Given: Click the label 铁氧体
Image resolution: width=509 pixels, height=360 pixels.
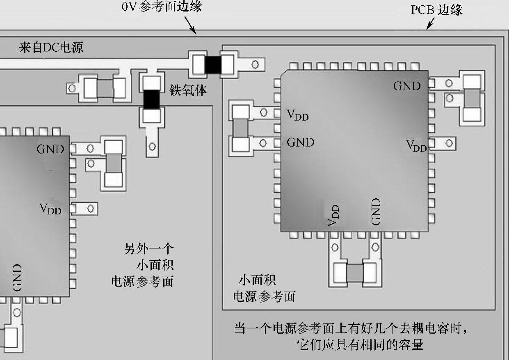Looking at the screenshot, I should tap(188, 91).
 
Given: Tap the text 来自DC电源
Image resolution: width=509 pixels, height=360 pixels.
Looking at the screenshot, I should tap(51, 48).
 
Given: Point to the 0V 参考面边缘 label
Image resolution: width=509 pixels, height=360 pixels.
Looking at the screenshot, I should tap(162, 7).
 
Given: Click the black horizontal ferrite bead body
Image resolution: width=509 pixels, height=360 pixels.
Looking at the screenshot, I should tap(213, 64).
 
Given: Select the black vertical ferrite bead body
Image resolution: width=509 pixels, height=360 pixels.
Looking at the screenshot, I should tap(151, 99).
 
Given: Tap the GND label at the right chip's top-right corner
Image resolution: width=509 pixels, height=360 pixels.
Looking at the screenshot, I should tap(407, 86).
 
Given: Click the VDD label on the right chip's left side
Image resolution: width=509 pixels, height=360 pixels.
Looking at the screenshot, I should tap(297, 115).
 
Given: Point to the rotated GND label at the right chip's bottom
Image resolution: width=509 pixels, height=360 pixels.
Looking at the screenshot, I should tap(376, 212).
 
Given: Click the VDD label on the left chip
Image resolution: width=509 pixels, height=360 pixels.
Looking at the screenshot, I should tap(50, 209).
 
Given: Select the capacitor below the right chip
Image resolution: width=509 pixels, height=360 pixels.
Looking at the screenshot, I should tap(355, 273).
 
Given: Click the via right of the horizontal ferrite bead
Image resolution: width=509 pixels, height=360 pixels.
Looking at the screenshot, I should tap(255, 64).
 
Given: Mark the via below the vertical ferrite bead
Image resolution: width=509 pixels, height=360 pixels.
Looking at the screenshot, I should tap(152, 146).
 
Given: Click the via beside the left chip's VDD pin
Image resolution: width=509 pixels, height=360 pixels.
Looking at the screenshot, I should tap(90, 209).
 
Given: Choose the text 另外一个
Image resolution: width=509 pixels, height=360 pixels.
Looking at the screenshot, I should tap(149, 249).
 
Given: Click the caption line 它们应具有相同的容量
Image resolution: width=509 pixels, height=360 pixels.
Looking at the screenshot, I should tap(360, 344).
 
